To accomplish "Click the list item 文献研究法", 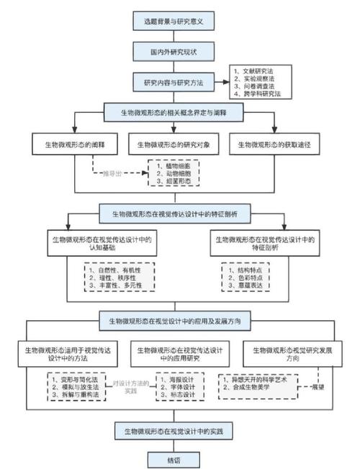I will click(256, 69).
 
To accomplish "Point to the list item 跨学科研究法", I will click(258, 94).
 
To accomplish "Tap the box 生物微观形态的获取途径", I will click(280, 144).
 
